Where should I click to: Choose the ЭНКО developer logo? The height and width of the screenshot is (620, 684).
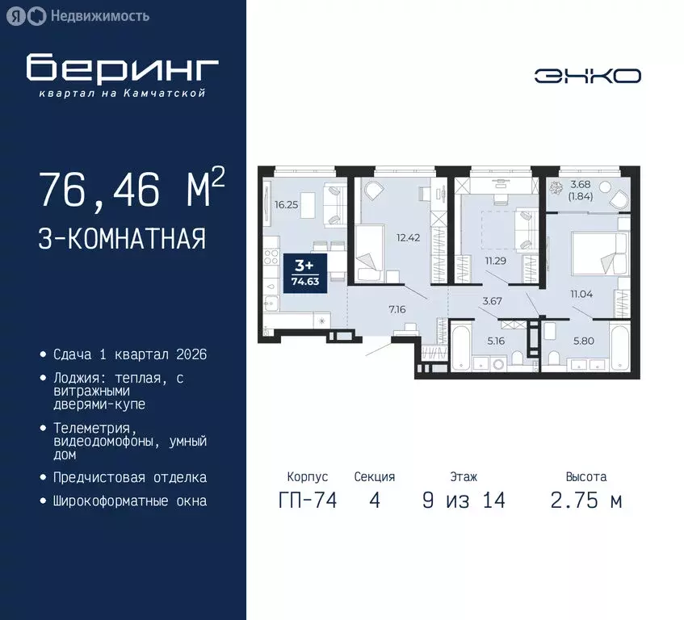pos(587,76)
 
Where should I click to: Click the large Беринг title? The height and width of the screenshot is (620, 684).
pos(122,68)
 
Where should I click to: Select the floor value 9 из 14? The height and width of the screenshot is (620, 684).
pos(464,501)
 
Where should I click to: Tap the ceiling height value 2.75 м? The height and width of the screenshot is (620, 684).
pos(585,501)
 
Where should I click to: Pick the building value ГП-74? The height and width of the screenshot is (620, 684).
pos(307,501)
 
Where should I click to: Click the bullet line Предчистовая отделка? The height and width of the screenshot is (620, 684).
pos(129,477)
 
